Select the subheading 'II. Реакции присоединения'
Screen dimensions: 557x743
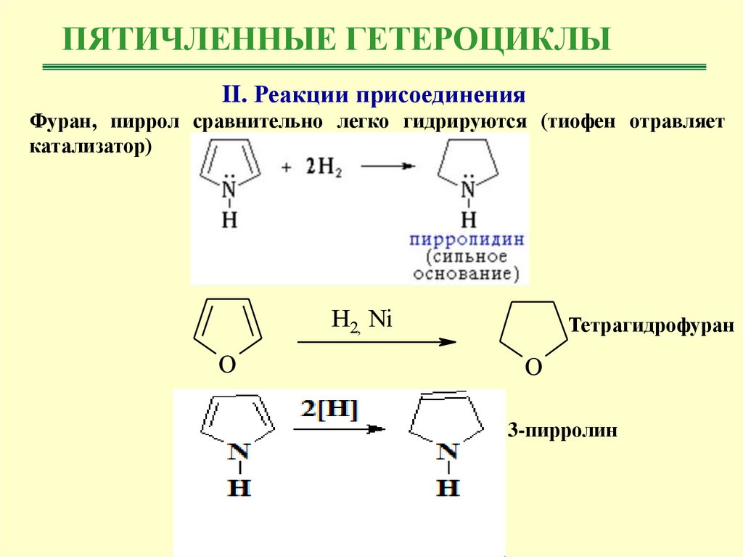pyautogui.click(x=372, y=94)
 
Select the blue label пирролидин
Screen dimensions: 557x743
pyautogui.click(x=467, y=240)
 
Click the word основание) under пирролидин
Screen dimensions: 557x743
pyautogui.click(x=467, y=275)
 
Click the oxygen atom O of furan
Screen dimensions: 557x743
pyautogui.click(x=227, y=365)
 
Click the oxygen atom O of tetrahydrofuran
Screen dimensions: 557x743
pyautogui.click(x=533, y=368)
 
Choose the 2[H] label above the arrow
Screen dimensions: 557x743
pyautogui.click(x=329, y=411)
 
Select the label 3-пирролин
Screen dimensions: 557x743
pyautogui.click(x=562, y=431)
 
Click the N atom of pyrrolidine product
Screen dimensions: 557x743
pyautogui.click(x=469, y=190)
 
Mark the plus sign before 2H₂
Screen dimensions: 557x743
pyautogui.click(x=288, y=167)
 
